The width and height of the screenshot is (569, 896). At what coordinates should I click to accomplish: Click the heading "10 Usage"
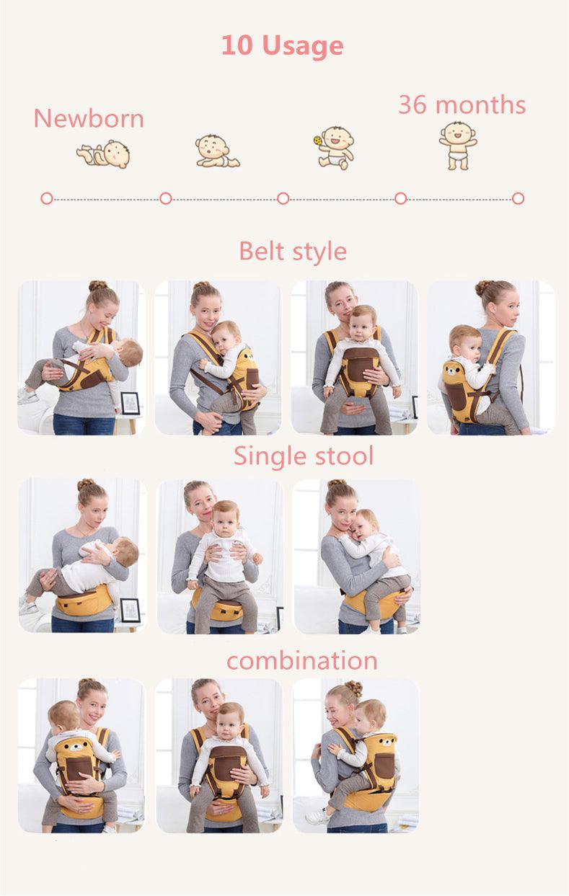click(x=283, y=45)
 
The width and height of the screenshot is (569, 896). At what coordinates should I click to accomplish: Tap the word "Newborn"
click(x=89, y=118)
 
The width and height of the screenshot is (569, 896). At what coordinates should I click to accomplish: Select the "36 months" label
click(x=462, y=105)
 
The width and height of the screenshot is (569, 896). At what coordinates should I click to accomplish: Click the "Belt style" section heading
click(x=293, y=252)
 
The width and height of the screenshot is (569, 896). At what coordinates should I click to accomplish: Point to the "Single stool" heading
click(x=304, y=456)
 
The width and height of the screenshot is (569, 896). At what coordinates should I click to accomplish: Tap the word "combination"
click(x=302, y=660)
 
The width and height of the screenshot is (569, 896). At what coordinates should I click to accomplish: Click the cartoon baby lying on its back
click(x=104, y=154)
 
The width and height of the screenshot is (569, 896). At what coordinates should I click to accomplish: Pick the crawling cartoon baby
click(x=217, y=151)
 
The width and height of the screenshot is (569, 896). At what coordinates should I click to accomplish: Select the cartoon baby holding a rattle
click(x=334, y=148)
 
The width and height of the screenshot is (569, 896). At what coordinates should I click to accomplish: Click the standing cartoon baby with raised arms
click(x=458, y=146)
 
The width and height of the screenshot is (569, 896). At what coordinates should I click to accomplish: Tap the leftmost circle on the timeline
click(x=47, y=198)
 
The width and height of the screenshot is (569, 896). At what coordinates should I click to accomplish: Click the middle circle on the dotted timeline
click(x=283, y=198)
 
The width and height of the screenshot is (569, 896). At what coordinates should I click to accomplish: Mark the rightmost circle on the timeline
click(x=519, y=198)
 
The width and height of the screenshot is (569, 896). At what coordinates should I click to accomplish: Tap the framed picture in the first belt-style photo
click(x=130, y=403)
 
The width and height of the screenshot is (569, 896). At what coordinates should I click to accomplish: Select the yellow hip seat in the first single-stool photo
click(x=84, y=603)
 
